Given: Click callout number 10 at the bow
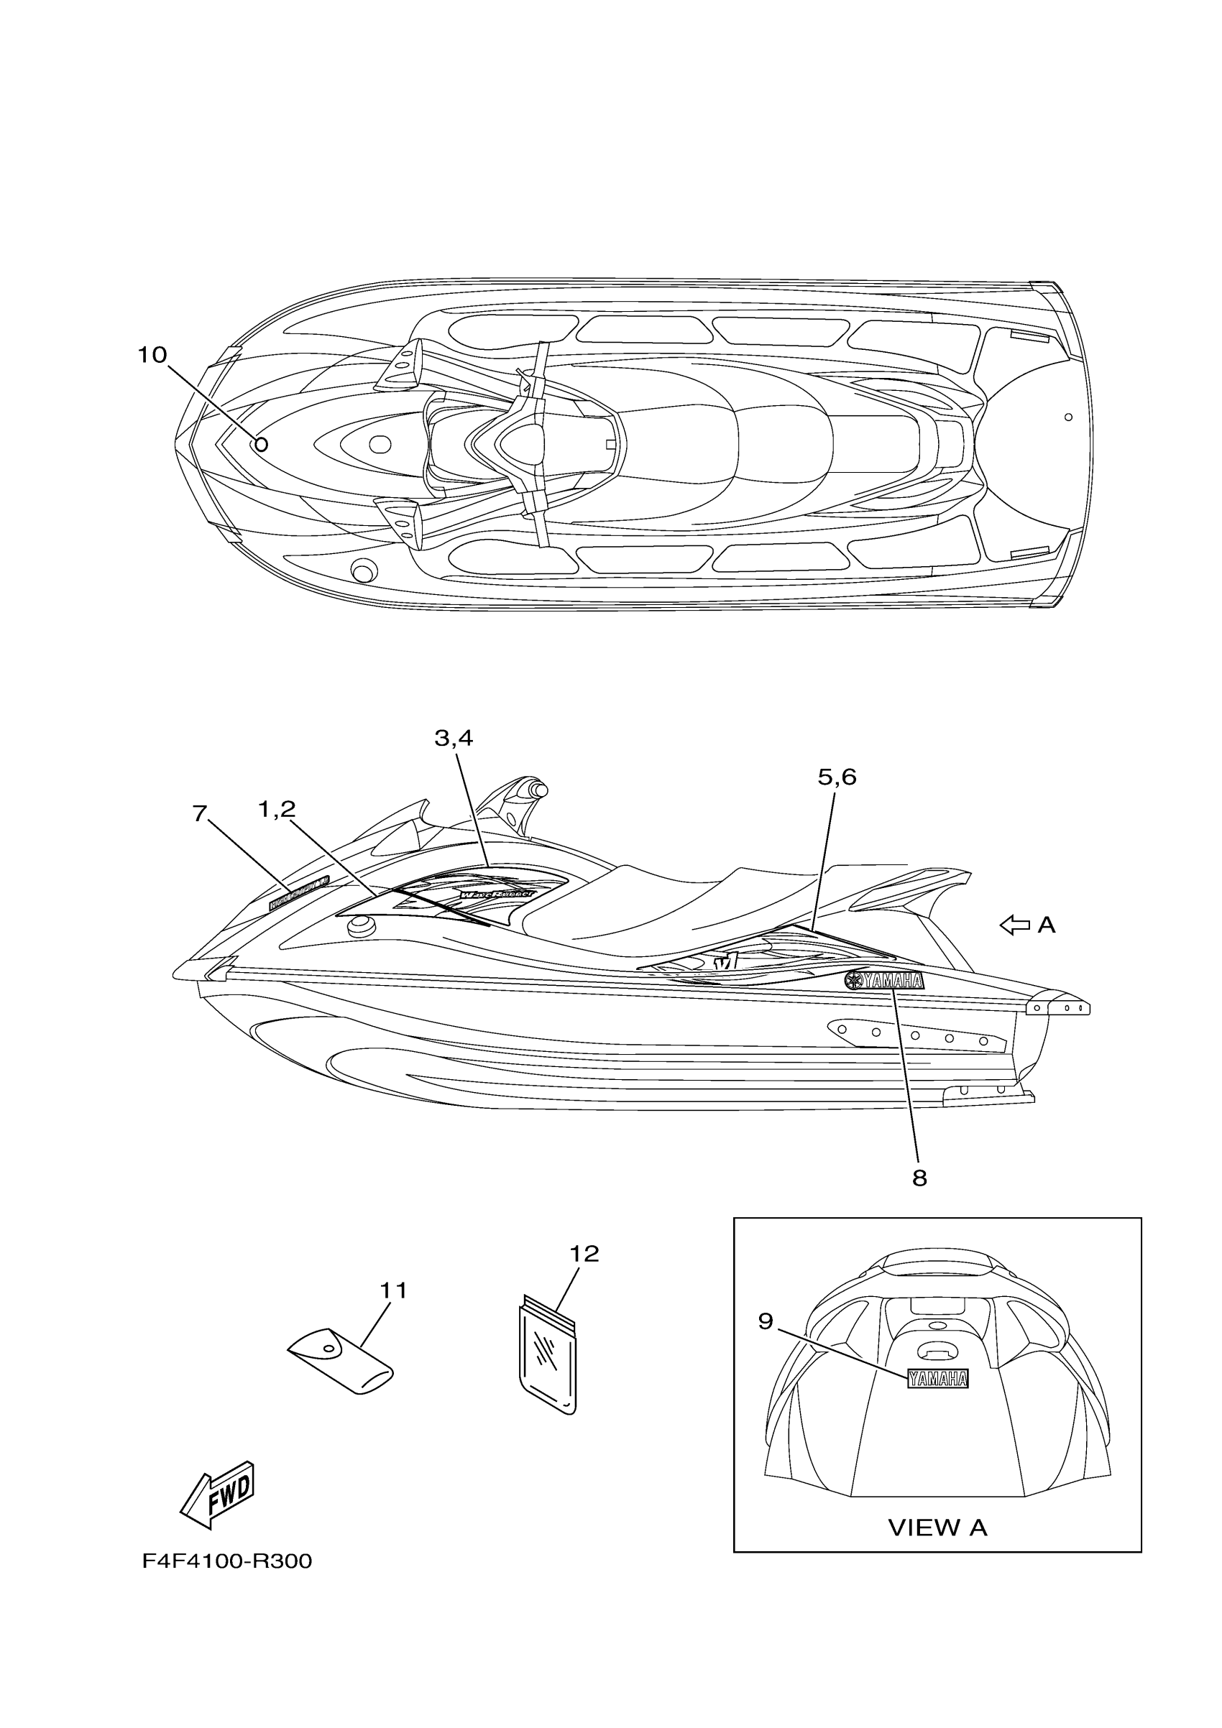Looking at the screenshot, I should [x=152, y=354].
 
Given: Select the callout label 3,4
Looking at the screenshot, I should [x=454, y=739].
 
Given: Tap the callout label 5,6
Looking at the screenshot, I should [x=837, y=777].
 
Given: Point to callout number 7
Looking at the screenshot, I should [x=199, y=813].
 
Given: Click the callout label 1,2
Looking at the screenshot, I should [x=276, y=809].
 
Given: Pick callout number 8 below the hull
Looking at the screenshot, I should [x=919, y=1178].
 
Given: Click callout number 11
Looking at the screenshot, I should [x=393, y=1290].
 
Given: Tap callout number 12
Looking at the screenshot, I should [x=584, y=1253].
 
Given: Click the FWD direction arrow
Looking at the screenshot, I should [x=219, y=1494].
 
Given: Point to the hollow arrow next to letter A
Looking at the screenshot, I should [x=1014, y=925].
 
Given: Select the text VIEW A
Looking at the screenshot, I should [x=937, y=1527].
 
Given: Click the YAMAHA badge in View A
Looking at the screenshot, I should [x=937, y=1379].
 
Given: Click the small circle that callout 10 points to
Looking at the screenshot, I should [x=261, y=444].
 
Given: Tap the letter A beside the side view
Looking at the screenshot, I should [x=1046, y=925].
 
